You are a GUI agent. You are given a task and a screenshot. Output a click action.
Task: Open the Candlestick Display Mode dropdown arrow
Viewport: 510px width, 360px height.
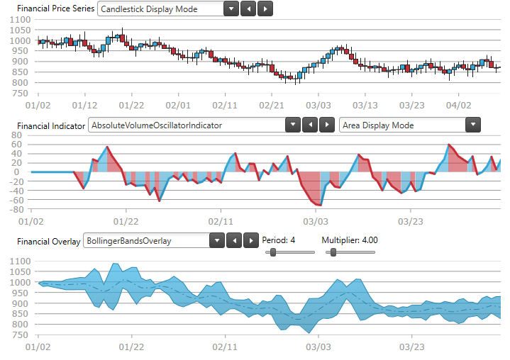[x=231, y=9]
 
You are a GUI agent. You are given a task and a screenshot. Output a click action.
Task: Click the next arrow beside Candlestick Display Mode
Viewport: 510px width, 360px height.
[x=265, y=9]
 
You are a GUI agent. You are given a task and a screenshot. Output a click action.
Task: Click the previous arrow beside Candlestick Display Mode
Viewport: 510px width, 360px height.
[x=248, y=9]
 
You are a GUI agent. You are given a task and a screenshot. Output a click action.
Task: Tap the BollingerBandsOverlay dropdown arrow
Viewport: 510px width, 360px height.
[x=217, y=240]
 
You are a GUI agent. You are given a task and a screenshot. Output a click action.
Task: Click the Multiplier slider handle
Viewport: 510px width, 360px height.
[x=333, y=252]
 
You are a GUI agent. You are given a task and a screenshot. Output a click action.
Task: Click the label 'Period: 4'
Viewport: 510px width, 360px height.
[x=279, y=240]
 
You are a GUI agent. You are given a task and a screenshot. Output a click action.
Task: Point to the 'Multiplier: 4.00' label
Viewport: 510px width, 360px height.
[x=350, y=240]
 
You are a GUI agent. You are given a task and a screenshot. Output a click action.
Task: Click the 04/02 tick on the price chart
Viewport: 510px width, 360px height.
[x=459, y=106]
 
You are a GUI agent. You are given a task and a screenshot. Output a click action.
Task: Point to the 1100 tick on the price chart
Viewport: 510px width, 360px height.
[x=19, y=21]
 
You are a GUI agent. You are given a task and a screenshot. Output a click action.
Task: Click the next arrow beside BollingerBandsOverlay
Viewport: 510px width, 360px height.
[x=250, y=240]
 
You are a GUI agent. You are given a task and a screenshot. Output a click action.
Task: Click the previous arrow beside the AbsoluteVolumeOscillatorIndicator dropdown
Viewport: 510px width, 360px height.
[x=309, y=125]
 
